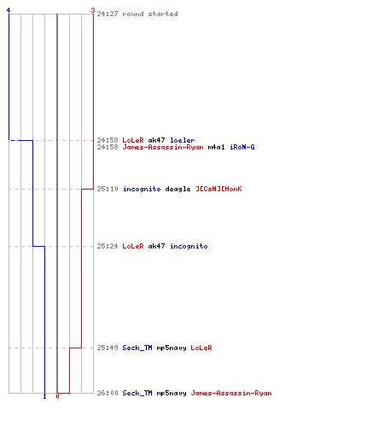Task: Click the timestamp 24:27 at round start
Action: coord(108,14)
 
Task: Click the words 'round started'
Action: coord(150,14)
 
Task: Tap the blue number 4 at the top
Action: coord(9,10)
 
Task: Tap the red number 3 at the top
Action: coord(93,10)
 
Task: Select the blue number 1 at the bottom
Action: coord(44,396)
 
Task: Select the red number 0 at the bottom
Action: coord(57,396)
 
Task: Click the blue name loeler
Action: coord(183,140)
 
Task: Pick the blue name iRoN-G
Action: coord(242,147)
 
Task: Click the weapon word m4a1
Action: coord(216,147)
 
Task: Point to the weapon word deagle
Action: coord(177,189)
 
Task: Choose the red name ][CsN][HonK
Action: coord(218,189)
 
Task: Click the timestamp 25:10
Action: coord(108,189)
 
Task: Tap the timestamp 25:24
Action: coord(108,246)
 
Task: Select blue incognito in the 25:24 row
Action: coord(189,246)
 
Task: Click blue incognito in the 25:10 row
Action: coord(142,189)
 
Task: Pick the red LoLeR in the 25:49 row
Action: coord(201,348)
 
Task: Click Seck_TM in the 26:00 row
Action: coord(137,393)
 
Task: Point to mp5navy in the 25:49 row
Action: coord(172,348)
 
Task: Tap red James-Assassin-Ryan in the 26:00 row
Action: coord(231,393)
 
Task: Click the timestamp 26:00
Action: coord(108,393)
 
